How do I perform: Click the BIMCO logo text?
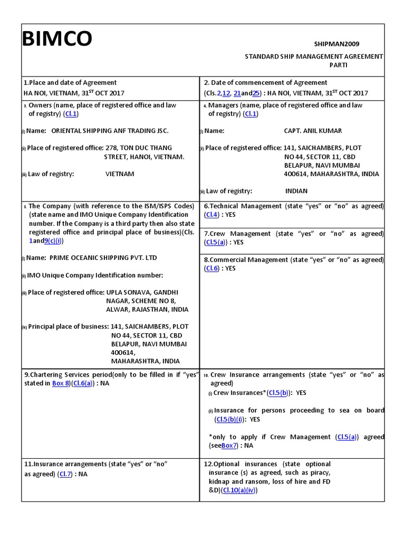(x=57, y=39)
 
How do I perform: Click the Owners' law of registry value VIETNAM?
(x=120, y=174)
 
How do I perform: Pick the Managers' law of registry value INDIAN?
(x=296, y=191)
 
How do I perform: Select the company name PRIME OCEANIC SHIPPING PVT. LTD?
(x=103, y=258)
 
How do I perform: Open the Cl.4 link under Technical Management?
(x=211, y=215)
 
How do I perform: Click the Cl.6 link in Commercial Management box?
(x=211, y=268)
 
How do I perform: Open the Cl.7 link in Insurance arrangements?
(x=66, y=474)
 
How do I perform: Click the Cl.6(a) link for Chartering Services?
(x=83, y=383)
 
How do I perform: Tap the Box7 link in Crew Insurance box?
(x=229, y=446)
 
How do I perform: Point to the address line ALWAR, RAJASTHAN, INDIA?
(x=147, y=310)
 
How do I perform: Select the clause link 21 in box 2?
(x=237, y=93)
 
